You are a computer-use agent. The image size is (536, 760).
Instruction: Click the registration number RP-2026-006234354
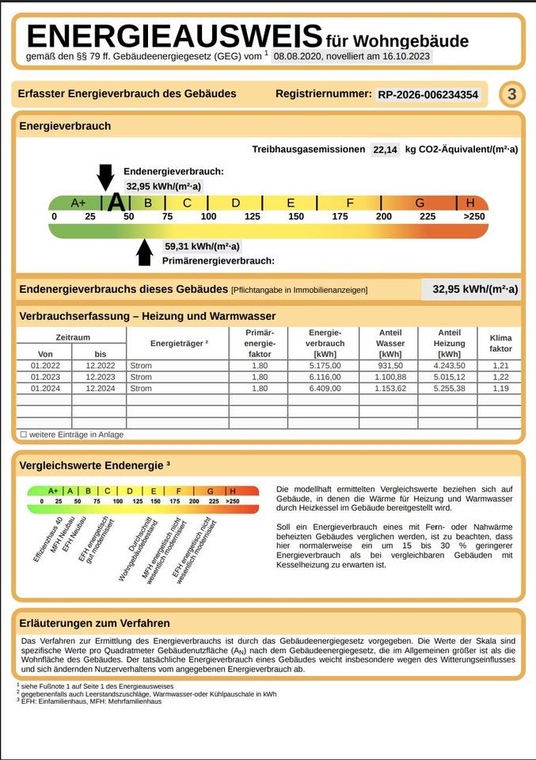tap(428, 95)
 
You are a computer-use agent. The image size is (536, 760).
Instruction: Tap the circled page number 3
tap(511, 95)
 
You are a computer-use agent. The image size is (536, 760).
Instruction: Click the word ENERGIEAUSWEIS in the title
tap(174, 36)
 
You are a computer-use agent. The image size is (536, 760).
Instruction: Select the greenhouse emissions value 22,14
tap(385, 150)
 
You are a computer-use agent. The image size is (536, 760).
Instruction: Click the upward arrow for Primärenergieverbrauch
tap(144, 252)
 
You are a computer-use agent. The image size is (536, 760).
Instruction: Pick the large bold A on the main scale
tap(116, 203)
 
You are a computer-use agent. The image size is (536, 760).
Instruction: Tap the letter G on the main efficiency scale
tap(420, 203)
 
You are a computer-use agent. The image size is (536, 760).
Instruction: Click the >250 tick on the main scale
tap(474, 217)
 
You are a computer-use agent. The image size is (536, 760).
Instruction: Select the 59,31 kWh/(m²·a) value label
tap(202, 246)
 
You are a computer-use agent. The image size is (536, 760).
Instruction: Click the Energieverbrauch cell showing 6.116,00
tap(325, 377)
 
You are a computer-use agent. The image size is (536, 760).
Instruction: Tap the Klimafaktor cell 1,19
tap(500, 389)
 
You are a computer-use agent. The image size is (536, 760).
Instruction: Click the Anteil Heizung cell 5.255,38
tap(449, 389)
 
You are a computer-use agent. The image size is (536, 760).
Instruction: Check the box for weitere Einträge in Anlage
tap(24, 435)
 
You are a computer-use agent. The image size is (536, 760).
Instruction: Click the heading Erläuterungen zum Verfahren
tap(95, 623)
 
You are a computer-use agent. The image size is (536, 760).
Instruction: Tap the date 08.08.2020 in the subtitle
tap(297, 57)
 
